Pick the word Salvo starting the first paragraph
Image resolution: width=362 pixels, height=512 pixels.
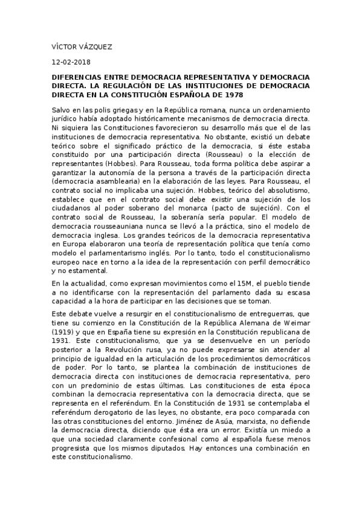(x=62, y=111)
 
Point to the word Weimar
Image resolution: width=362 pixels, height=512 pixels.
(x=297, y=324)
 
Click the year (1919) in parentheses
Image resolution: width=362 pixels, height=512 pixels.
(x=63, y=333)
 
